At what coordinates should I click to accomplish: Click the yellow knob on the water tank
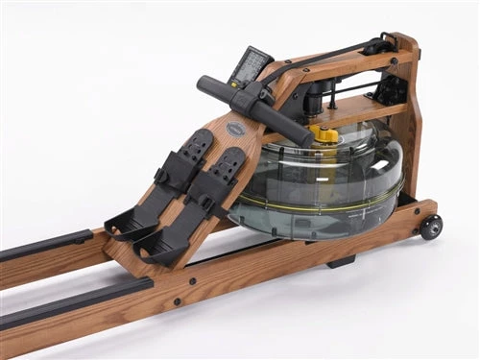pos(327,135)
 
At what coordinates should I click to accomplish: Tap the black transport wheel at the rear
pos(431,227)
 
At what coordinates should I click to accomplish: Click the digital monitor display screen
pos(252,65)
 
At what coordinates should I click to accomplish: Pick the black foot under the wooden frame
pos(342,260)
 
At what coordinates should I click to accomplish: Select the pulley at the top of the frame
pos(384,43)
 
